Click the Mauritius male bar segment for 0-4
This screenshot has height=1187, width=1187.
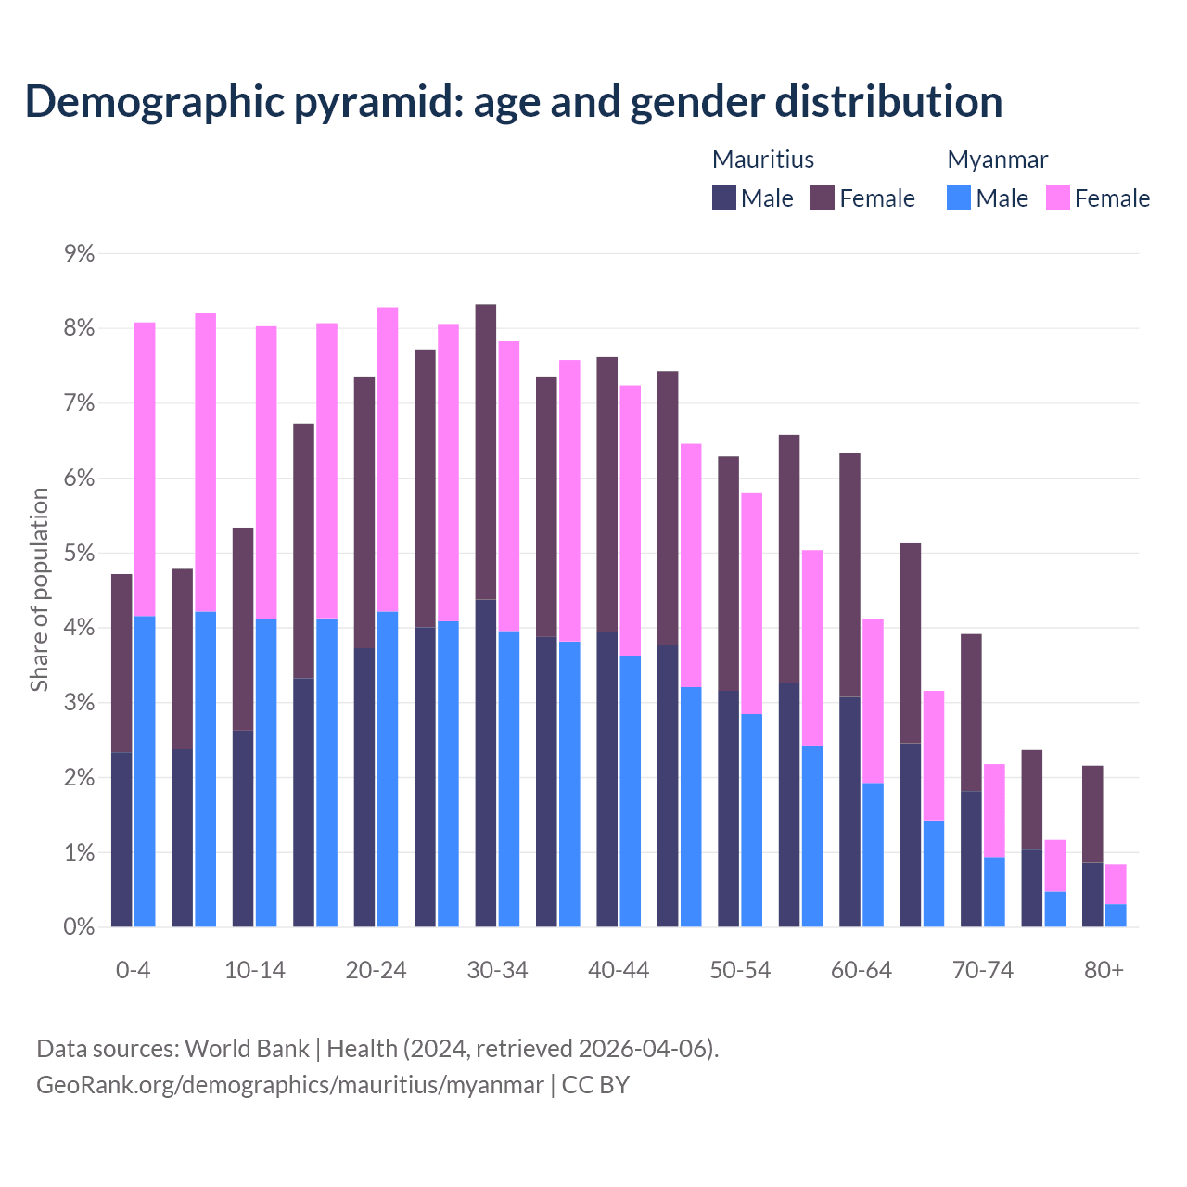coord(121,839)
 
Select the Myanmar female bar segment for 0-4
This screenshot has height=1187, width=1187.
coord(145,469)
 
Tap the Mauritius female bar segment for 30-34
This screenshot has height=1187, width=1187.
coord(486,452)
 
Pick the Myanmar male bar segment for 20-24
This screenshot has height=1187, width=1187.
coord(388,769)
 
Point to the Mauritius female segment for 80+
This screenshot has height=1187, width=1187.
coord(1092,814)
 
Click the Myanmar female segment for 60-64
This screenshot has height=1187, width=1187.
coord(873,700)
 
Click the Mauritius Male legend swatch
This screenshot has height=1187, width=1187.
coord(724,198)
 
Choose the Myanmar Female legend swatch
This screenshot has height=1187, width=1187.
coord(1058,198)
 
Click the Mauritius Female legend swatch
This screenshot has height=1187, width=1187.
coord(823,198)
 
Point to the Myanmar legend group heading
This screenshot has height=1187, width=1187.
coord(997,160)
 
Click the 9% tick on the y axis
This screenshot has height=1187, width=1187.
coord(80,253)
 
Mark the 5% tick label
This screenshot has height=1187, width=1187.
coord(80,554)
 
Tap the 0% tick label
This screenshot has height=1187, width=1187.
coord(80,927)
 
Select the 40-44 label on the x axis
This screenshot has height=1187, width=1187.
coord(619,970)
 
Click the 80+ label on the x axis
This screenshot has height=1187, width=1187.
coord(1104,970)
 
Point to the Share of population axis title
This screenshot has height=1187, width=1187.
coord(39,590)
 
